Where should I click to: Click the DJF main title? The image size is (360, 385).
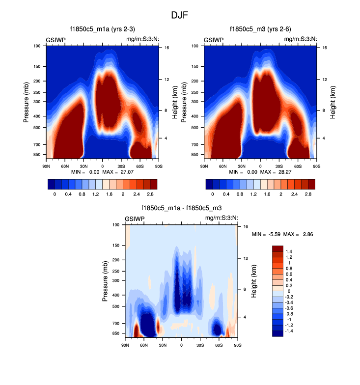click(x=180, y=15)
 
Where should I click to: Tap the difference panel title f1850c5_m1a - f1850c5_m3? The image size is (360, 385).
click(x=181, y=209)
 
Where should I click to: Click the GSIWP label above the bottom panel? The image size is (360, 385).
click(x=135, y=219)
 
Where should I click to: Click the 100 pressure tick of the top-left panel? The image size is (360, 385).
click(x=37, y=46)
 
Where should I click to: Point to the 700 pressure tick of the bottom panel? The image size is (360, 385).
click(x=116, y=324)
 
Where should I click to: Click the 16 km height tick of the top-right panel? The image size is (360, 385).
click(x=325, y=48)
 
